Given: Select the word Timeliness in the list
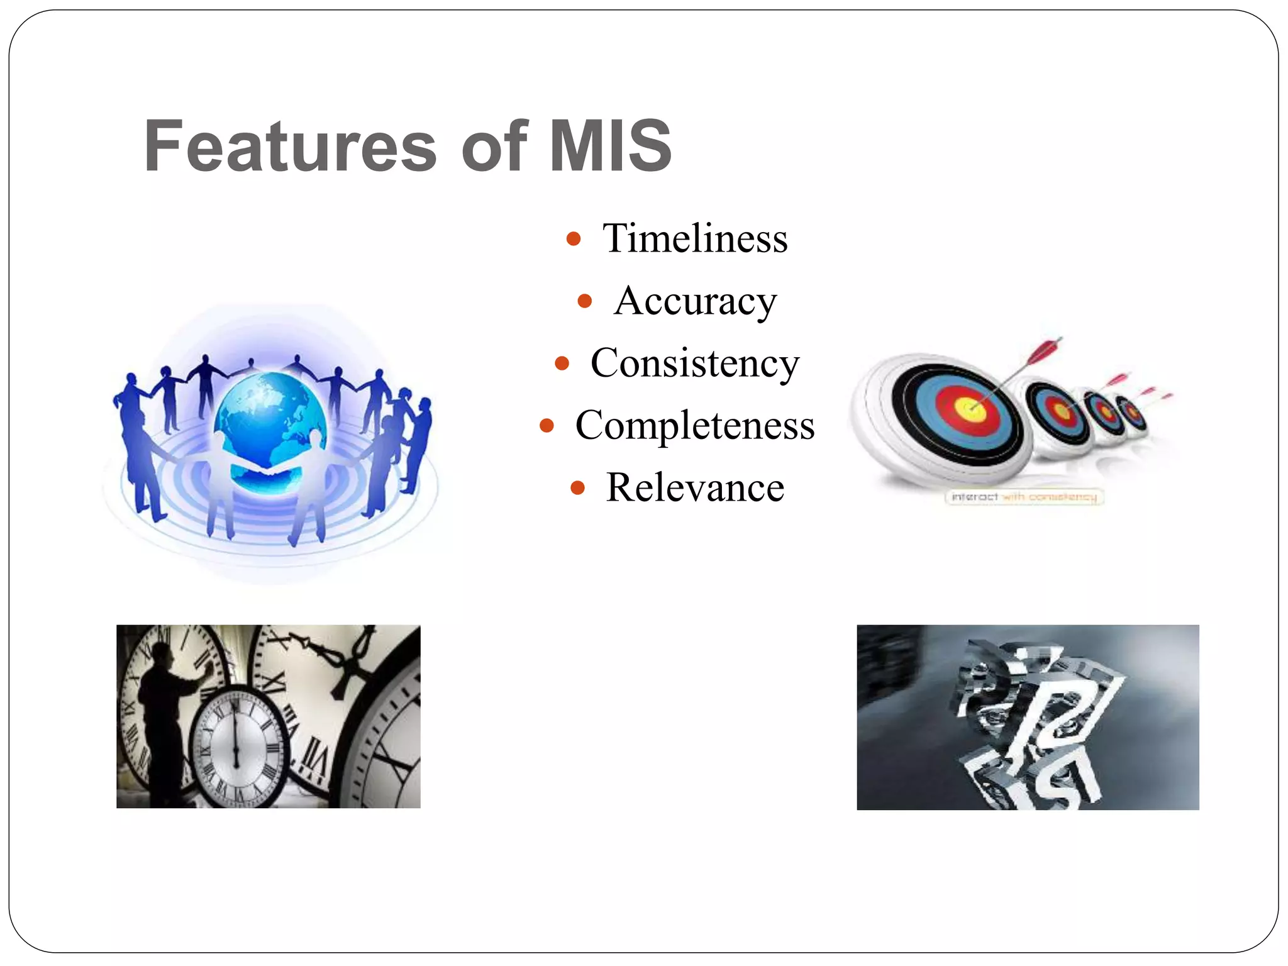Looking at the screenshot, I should pyautogui.click(x=695, y=238).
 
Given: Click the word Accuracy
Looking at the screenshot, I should pyautogui.click(x=696, y=301).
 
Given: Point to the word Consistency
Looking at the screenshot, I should pyautogui.click(x=695, y=364).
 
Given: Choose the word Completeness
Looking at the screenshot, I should pyautogui.click(x=695, y=425).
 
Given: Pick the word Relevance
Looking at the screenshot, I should pyautogui.click(x=695, y=487).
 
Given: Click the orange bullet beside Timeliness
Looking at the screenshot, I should pyautogui.click(x=573, y=239).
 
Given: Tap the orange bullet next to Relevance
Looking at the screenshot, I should pyautogui.click(x=577, y=488).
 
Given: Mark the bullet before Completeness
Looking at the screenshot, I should pyautogui.click(x=547, y=426).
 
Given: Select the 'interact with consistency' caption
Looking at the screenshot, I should pyautogui.click(x=1024, y=497).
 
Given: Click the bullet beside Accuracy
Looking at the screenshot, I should pyautogui.click(x=584, y=301).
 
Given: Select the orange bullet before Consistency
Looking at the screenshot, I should pyautogui.click(x=562, y=364).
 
